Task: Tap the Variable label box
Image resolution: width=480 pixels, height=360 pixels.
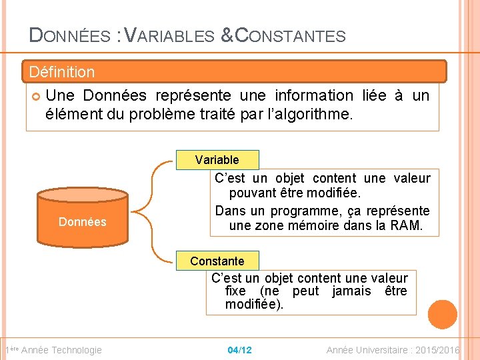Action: (x=217, y=160)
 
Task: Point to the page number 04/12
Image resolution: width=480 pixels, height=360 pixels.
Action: (x=239, y=350)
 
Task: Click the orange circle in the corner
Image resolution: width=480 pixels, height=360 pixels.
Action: (x=443, y=314)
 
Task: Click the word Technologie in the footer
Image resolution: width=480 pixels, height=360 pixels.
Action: (x=77, y=350)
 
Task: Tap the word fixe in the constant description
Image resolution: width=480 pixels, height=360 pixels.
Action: (x=235, y=291)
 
